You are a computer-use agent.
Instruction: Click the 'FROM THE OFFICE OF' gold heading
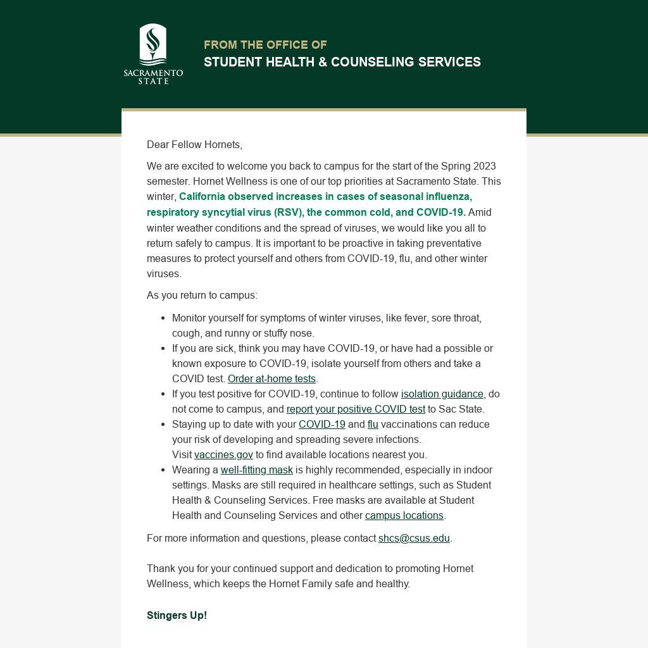point(265,45)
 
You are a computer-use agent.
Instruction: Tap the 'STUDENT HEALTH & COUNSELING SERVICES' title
point(342,62)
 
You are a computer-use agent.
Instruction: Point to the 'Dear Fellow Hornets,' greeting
point(194,145)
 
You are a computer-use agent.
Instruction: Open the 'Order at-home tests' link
point(271,379)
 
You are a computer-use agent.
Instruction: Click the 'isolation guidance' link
point(442,394)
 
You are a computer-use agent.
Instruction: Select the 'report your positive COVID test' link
point(356,409)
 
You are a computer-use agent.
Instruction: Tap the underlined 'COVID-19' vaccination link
point(321,425)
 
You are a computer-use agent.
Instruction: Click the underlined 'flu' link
point(373,425)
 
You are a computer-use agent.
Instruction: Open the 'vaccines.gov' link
point(223,455)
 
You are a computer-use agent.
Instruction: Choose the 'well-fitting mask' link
point(256,470)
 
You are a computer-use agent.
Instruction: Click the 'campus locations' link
point(404,516)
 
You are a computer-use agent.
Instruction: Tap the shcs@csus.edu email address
point(414,539)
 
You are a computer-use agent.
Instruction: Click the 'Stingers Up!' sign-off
point(177,616)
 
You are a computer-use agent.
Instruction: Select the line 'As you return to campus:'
point(202,296)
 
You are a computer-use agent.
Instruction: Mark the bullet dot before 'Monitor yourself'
point(163,318)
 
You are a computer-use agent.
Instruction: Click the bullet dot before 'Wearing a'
point(163,470)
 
